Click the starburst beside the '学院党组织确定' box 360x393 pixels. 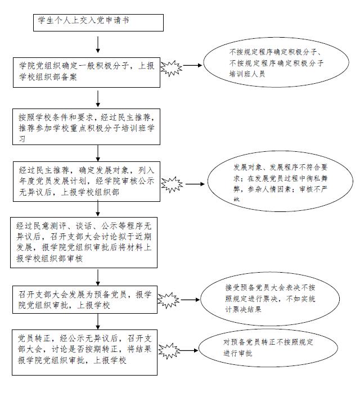pos(171,67)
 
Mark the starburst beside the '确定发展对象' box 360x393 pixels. pos(172,184)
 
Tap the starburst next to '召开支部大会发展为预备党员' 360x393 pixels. pos(168,300)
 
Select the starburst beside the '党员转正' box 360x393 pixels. pos(169,351)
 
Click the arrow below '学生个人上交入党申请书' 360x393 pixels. pos(98,44)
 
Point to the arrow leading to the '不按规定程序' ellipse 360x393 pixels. pos(192,65)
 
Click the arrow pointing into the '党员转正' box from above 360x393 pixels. pos(98,322)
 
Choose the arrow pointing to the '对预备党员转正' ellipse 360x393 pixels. pos(189,350)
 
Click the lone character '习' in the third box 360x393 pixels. pos(22,139)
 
